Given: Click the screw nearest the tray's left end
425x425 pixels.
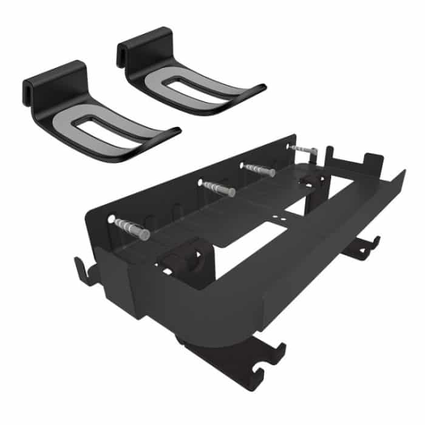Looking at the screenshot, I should [x=131, y=227].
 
